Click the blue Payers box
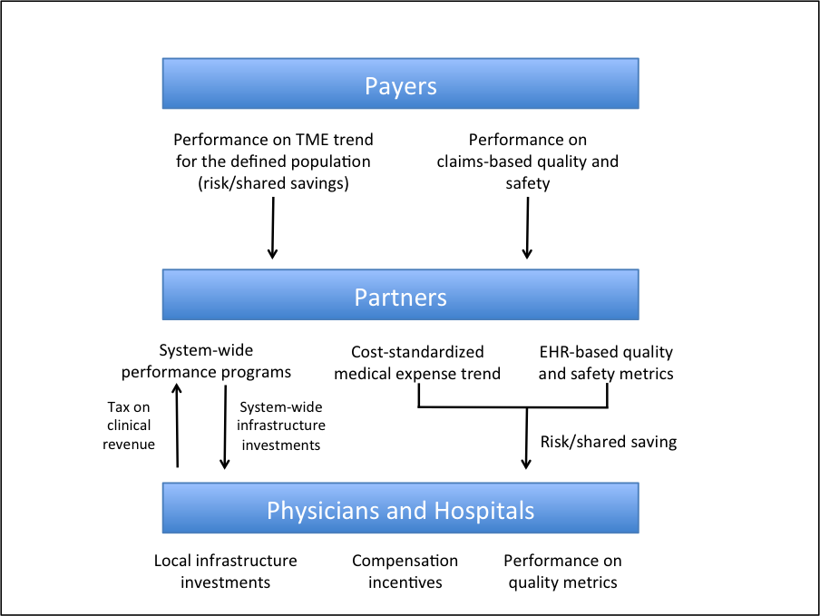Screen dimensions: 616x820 [x=400, y=85]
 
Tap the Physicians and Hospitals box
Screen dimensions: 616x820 [x=400, y=509]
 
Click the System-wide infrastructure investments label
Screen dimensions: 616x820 [x=280, y=425]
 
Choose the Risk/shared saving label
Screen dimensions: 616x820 [x=608, y=442]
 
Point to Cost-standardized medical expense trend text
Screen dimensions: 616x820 [x=417, y=362]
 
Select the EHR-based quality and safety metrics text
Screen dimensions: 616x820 [x=605, y=362]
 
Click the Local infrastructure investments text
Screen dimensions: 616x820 [x=225, y=572]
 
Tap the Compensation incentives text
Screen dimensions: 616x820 [x=405, y=572]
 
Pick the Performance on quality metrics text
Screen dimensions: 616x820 [x=562, y=572]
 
